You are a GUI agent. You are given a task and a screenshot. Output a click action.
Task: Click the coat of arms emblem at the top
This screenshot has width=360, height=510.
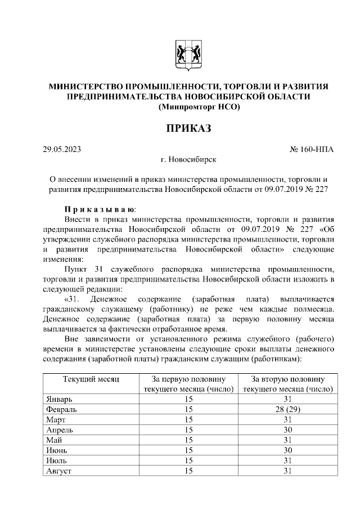coord(188,55)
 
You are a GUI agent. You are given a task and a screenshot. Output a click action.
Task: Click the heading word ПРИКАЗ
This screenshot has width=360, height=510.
coord(188,128)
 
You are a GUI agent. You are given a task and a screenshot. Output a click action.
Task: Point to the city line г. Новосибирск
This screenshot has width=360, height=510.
coord(188,160)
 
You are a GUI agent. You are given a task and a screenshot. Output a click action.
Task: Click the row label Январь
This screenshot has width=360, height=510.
coord(59,399)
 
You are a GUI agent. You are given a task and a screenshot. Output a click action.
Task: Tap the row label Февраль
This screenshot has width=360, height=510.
coord(61,409)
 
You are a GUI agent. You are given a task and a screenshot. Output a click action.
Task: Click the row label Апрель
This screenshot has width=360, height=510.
coord(60,430)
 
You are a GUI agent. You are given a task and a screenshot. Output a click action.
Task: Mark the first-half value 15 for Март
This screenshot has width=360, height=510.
coord(188,419)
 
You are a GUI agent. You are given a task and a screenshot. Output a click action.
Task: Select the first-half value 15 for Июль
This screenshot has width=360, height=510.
coord(188,460)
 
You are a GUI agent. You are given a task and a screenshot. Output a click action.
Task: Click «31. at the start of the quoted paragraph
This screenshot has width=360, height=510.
coord(73,299)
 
